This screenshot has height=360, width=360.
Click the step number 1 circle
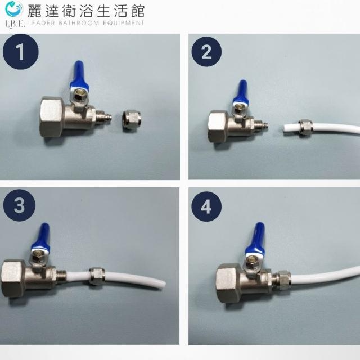(21, 52)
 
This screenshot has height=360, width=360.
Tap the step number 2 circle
(206, 52)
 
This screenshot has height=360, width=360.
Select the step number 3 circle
(19, 205)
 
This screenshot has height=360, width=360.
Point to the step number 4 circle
(206, 206)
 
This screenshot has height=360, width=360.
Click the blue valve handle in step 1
(79, 76)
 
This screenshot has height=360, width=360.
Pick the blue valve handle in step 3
(42, 237)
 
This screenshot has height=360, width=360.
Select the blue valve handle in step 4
(255, 238)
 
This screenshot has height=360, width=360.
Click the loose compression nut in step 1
(131, 120)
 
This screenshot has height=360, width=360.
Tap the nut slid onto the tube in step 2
(305, 128)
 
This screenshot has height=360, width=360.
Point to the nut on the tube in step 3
(97, 276)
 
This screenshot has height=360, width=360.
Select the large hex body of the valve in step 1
(52, 116)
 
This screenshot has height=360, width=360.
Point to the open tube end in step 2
(285, 128)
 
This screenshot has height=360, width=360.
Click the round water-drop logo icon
(14, 9)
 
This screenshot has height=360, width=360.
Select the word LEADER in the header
(42, 23)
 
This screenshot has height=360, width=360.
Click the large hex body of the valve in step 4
(229, 283)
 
